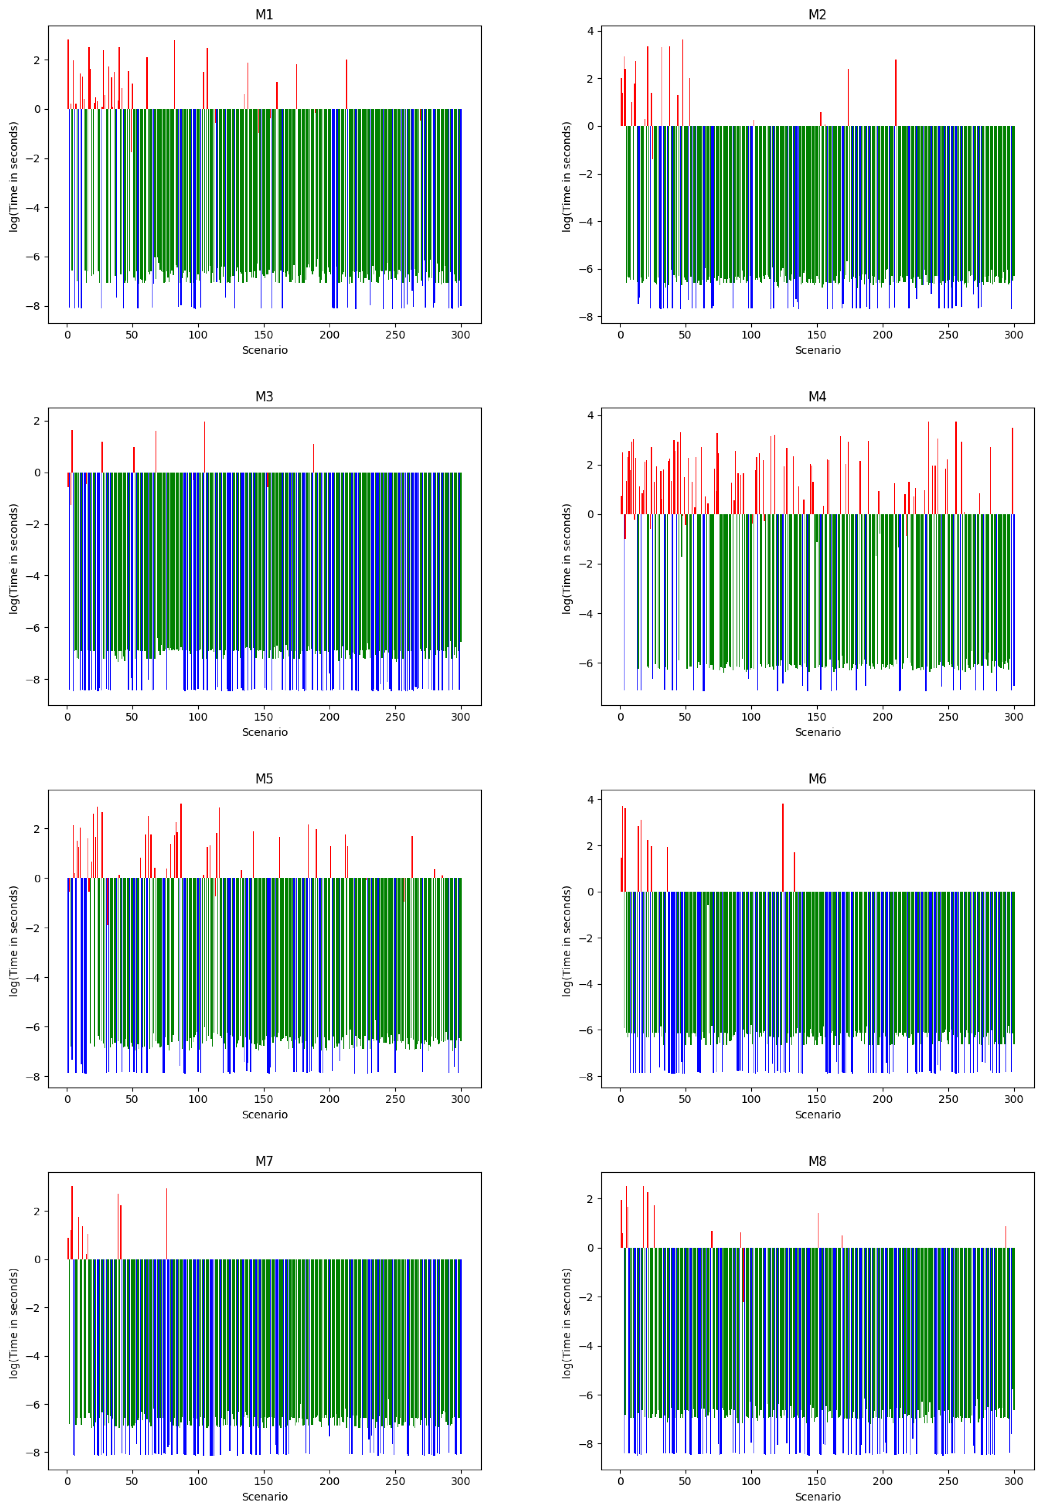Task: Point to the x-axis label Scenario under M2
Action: (x=817, y=350)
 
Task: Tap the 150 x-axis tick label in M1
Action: (x=264, y=335)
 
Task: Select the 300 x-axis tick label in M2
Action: (x=1013, y=335)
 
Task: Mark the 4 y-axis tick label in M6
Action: (x=590, y=799)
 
